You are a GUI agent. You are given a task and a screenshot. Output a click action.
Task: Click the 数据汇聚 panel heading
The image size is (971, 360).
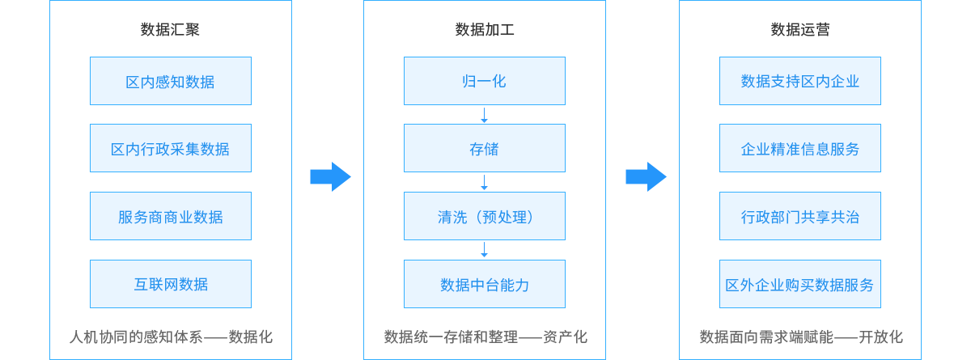(x=170, y=30)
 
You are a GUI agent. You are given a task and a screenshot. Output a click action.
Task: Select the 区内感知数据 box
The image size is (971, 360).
(x=170, y=81)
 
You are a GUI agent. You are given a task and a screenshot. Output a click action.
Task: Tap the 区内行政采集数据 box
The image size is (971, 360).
(x=170, y=149)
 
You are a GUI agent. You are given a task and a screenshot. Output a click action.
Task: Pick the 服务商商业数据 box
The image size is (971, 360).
(x=170, y=217)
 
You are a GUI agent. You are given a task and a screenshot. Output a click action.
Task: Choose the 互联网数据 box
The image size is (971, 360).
(x=170, y=284)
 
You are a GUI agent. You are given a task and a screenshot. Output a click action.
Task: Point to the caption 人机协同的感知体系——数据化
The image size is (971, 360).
(x=170, y=337)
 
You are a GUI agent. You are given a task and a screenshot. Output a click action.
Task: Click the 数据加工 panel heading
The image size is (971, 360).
(x=485, y=30)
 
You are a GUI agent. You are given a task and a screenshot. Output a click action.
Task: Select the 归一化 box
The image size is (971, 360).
(x=485, y=81)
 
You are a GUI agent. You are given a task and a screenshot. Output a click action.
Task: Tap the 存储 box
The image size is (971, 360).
(x=485, y=149)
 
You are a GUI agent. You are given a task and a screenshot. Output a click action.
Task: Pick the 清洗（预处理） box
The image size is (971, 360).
(x=485, y=217)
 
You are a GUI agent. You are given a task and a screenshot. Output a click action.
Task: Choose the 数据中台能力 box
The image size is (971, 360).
(x=485, y=284)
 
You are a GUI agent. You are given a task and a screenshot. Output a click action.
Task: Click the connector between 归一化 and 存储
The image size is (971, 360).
(x=484, y=115)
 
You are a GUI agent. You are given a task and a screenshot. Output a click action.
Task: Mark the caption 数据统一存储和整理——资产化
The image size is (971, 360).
(x=485, y=337)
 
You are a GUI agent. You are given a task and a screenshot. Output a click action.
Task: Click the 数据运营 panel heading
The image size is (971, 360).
(x=799, y=30)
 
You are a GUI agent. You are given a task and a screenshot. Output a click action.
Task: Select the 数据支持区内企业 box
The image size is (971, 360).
(x=799, y=81)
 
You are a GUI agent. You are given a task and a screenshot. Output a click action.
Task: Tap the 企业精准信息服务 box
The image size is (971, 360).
(x=799, y=149)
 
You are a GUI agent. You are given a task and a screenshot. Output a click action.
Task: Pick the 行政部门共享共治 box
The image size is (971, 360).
(x=799, y=217)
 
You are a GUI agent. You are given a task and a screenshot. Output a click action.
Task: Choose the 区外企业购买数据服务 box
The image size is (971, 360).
(x=799, y=284)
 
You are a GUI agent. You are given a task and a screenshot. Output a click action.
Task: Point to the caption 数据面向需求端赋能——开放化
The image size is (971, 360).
(x=799, y=337)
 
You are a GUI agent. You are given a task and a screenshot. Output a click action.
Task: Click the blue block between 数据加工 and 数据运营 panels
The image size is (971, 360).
(x=646, y=176)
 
